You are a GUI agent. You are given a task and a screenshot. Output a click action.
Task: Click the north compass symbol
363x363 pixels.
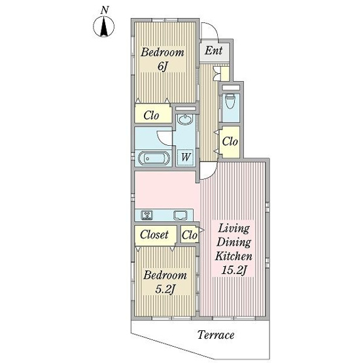103,27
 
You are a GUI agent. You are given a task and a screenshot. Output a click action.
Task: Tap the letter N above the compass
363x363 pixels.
105,10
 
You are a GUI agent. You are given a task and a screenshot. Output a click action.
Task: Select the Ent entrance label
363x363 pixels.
213,50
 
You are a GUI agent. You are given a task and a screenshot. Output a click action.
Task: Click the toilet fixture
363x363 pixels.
230,101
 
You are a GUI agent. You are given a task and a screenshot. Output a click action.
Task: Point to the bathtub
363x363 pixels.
154,158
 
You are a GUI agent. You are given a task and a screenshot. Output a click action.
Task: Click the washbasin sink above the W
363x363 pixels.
184,120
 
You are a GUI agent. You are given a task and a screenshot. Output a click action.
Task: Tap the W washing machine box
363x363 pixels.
185,158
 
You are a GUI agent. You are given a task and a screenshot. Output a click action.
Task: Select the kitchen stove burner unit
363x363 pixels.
147,215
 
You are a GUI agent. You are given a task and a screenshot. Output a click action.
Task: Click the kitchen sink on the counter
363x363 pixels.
181,215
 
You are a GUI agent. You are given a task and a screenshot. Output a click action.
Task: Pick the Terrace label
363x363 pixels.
216,335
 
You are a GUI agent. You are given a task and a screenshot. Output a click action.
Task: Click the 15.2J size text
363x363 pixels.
233,270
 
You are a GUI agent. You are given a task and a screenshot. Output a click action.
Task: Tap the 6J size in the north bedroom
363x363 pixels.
162,67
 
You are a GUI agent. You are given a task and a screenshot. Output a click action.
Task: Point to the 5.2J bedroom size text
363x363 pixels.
165,289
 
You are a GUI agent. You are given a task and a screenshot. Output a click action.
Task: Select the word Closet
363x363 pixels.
154,235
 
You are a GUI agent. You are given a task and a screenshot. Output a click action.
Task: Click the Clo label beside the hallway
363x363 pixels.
230,141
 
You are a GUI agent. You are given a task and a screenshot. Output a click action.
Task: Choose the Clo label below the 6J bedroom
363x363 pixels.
151,115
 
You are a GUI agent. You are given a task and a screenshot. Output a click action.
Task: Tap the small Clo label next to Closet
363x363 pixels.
190,235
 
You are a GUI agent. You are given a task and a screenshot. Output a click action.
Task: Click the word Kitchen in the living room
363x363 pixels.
233,256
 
